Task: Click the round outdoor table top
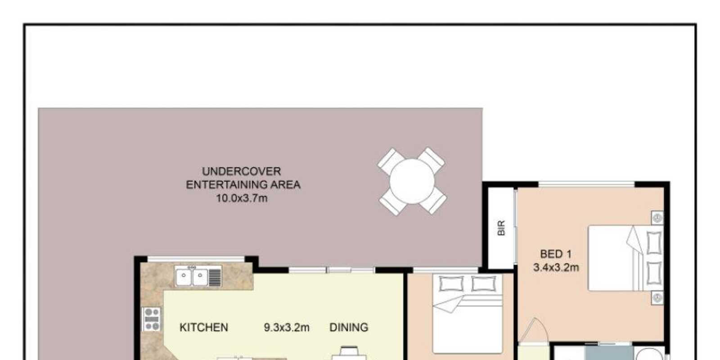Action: [412, 182]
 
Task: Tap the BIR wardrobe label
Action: [501, 228]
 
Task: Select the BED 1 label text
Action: [556, 254]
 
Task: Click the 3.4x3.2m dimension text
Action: [556, 267]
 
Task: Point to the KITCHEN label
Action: [204, 327]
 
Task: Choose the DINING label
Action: [349, 327]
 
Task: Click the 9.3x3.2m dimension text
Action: [287, 327]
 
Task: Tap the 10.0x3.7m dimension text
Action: [242, 198]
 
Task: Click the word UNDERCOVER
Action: [241, 171]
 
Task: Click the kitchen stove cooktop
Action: [152, 319]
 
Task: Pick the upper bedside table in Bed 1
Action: [657, 218]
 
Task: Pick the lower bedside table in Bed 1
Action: [657, 298]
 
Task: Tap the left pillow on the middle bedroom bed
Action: [451, 283]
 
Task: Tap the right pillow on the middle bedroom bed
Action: [484, 283]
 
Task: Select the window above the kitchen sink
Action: [196, 259]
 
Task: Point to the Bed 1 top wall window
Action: [587, 184]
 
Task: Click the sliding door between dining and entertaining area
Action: [332, 270]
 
